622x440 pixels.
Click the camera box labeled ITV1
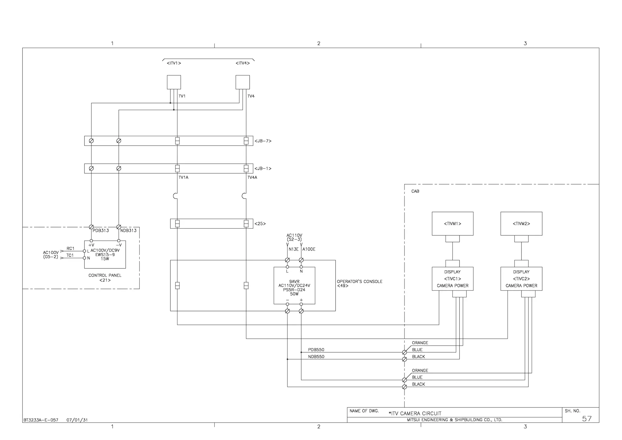coord(174,82)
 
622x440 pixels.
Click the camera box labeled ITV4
coord(243,82)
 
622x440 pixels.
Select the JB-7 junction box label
coord(263,141)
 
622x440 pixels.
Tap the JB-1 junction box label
coord(263,168)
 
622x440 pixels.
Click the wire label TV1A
coord(183,178)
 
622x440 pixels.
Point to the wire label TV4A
coord(252,178)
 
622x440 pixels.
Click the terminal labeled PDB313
coord(91,227)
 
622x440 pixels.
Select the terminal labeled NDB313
coord(119,227)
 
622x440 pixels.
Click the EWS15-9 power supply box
coord(105,255)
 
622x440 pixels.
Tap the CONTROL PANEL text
coord(105,275)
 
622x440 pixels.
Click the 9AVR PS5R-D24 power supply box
coord(294,286)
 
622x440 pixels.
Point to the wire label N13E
coord(293,249)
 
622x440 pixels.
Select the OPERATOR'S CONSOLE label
coord(360,282)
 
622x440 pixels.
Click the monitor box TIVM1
coord(453,224)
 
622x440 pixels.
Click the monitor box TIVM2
coord(521,224)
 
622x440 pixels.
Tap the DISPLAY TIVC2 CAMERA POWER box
coord(521,279)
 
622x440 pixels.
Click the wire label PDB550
coord(316,350)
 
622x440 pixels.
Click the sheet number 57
coord(586,419)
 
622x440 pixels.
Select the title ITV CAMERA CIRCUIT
coord(415,414)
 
